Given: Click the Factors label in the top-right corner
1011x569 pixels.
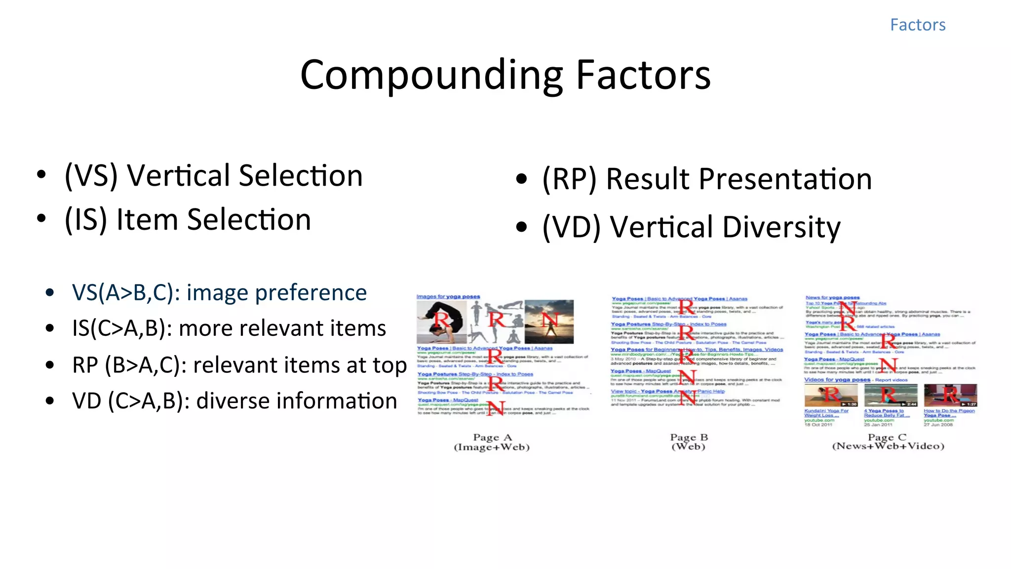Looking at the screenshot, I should pos(917,25).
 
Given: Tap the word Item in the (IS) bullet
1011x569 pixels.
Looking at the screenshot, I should pos(147,220).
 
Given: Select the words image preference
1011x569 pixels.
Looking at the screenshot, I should pos(276,293).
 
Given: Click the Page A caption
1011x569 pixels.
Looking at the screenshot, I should pos(492,438).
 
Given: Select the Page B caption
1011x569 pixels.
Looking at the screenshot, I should pos(689,438).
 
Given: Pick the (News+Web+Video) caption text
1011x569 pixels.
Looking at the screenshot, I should pos(888,447).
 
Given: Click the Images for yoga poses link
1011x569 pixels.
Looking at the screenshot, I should pos(448,296).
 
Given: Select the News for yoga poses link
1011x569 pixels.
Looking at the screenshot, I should pos(832,297).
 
